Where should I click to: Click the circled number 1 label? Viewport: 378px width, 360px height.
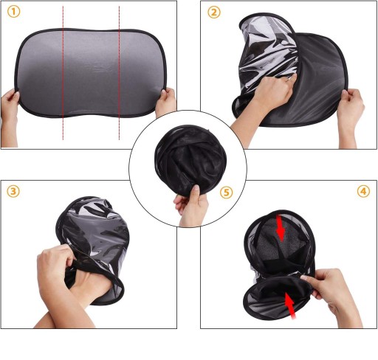[x=13, y=12]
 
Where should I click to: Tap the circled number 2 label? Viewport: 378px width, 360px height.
[x=214, y=12]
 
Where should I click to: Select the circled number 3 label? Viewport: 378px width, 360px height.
[x=13, y=191]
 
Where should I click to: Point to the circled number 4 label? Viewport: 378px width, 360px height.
[x=363, y=191]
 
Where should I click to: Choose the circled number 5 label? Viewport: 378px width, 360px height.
[x=226, y=193]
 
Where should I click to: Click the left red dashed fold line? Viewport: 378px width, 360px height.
[x=63, y=73]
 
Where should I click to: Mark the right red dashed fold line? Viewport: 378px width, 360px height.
[x=119, y=73]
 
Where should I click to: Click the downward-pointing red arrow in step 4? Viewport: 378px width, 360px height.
[x=281, y=227]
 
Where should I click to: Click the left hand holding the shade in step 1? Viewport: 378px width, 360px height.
[x=10, y=116]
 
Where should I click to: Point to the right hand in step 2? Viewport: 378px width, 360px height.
[x=351, y=116]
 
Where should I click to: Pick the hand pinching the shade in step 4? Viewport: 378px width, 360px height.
[x=332, y=295]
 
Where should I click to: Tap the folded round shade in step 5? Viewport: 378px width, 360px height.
[x=190, y=159]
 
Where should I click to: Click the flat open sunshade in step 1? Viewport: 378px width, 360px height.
[x=91, y=73]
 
